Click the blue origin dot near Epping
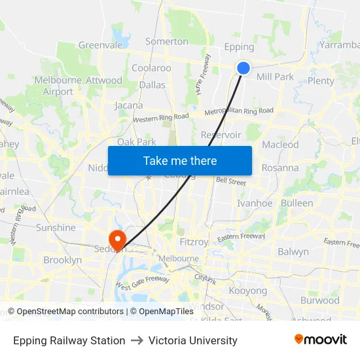(x=243, y=67)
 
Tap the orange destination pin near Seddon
(x=117, y=239)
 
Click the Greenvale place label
(x=100, y=45)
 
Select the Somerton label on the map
(x=167, y=41)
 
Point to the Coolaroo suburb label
(x=151, y=68)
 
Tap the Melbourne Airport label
(x=58, y=86)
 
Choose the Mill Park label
(x=275, y=77)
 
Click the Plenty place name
(x=320, y=81)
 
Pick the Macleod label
(x=280, y=145)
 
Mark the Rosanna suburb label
(x=279, y=168)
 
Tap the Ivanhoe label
(x=255, y=204)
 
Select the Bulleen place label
(x=297, y=203)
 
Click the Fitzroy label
(x=193, y=242)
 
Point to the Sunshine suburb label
(x=56, y=228)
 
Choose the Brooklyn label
(x=62, y=260)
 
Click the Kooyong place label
(x=247, y=291)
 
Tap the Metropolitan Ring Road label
(x=239, y=111)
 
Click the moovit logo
(x=321, y=339)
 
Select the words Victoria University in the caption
(x=193, y=340)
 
